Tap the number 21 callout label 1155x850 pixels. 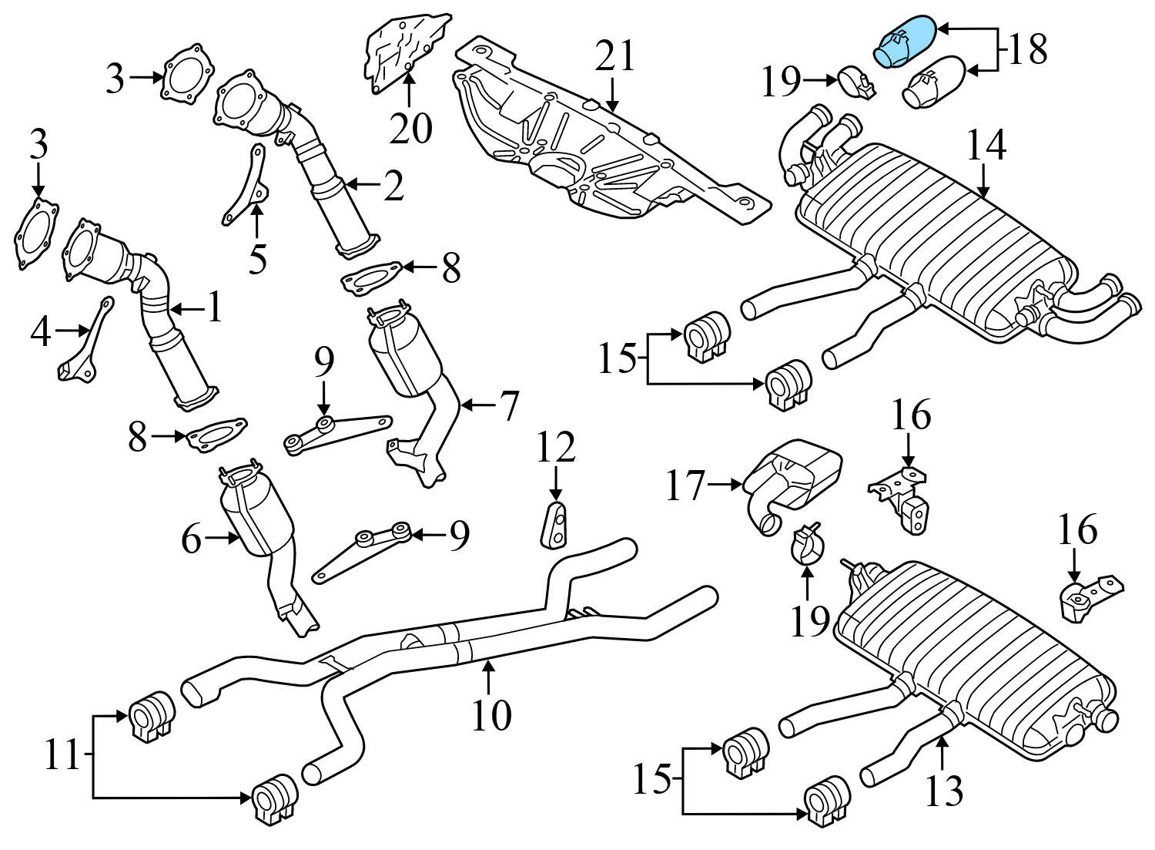point(617,58)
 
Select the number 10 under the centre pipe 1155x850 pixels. point(491,715)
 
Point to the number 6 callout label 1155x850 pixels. point(192,541)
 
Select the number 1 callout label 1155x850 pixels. point(213,307)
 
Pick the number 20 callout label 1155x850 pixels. point(410,127)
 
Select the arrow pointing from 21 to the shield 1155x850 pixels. point(612,96)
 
